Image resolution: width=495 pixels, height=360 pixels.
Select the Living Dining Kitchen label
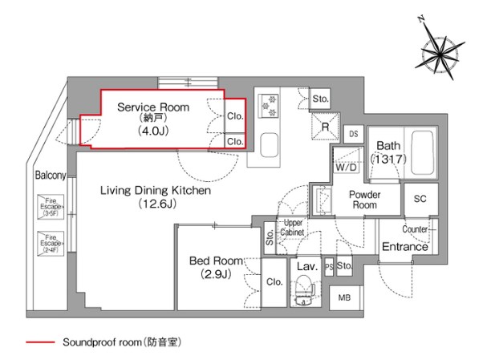pos(155,192)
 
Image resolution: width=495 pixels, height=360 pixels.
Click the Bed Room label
pos(215,261)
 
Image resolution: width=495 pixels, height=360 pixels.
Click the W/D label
pos(347,168)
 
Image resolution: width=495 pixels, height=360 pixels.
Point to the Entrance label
pos(404,246)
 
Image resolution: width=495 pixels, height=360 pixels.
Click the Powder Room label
pos(364,200)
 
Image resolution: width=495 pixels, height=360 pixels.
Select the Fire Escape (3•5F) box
pos(50,208)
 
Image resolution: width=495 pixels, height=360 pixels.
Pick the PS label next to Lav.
pos(329,266)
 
